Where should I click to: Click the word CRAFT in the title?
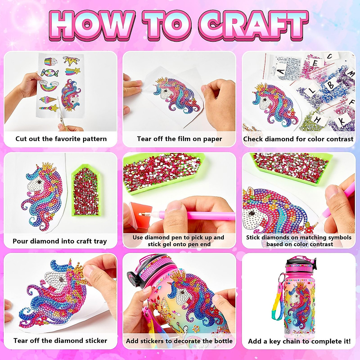pyautogui.click(x=253, y=25)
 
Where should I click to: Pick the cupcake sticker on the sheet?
pyautogui.click(x=51, y=62)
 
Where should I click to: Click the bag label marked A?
pyautogui.click(x=281, y=71)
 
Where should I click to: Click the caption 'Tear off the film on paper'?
pyautogui.click(x=179, y=139)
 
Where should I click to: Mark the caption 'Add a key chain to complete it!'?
pyautogui.click(x=299, y=341)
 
